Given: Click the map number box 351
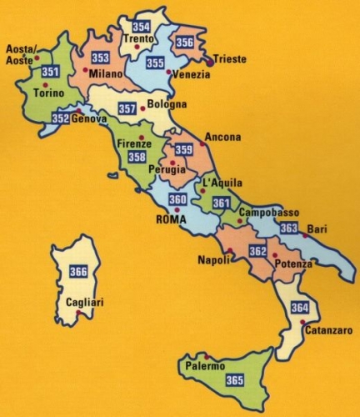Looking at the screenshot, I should (x=50, y=73).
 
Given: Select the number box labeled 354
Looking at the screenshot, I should (x=142, y=27).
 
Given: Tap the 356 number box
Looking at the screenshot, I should (x=185, y=43).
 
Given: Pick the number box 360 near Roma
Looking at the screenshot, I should (x=177, y=200).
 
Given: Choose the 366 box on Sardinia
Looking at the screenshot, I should (x=78, y=271).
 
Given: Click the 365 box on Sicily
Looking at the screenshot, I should (x=234, y=381).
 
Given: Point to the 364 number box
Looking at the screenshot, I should (x=300, y=308).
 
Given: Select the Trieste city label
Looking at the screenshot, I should (x=231, y=59).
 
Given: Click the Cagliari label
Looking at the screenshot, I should (x=84, y=304).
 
